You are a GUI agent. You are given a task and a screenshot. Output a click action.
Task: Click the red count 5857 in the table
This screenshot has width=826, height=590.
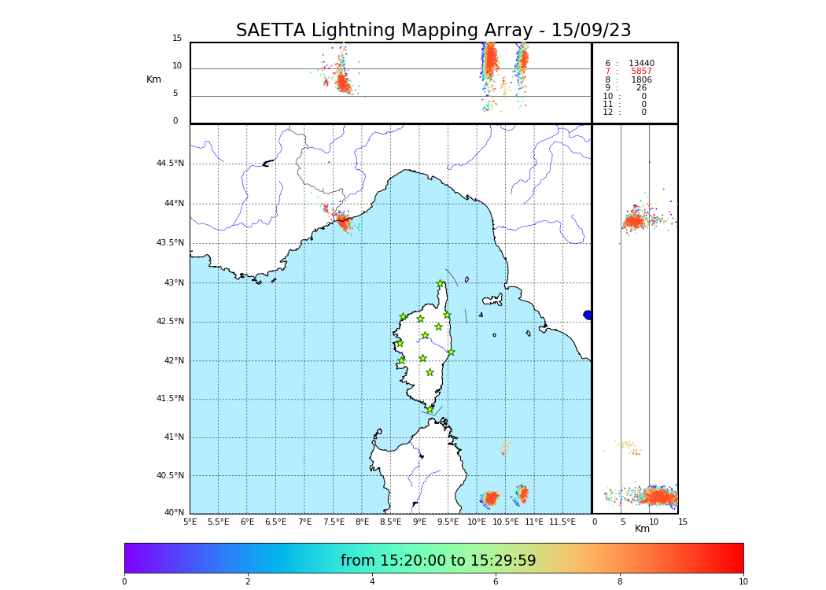coord(641,72)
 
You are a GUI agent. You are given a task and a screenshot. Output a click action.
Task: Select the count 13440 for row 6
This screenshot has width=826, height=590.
coord(641,64)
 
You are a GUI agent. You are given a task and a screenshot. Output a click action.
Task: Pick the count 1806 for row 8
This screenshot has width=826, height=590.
coord(641,80)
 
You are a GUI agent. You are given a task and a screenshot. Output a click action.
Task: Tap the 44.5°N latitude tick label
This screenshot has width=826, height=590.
coord(170,164)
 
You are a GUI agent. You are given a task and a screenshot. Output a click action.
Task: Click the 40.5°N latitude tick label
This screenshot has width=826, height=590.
coord(170,476)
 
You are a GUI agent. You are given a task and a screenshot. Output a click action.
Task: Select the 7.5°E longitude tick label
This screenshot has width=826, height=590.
coord(334,522)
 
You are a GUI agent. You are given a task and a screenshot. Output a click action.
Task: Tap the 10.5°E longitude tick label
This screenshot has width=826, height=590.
coord(505,522)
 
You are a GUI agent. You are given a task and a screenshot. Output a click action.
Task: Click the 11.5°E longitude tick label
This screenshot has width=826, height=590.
coord(562,522)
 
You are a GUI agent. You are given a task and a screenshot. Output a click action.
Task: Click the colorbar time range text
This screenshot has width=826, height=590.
coord(438,561)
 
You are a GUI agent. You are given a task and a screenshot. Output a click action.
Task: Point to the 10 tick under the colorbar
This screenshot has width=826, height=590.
coord(743,582)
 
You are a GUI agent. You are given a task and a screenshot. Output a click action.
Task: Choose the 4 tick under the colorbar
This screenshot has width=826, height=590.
coord(372,582)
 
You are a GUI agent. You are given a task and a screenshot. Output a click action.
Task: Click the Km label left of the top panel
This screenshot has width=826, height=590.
coord(153,79)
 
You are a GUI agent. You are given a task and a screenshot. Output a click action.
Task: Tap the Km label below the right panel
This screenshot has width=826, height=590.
coord(642,529)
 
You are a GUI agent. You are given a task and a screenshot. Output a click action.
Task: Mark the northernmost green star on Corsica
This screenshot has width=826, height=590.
coord(441,284)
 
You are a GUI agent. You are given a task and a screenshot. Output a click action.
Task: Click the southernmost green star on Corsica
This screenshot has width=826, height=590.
coord(430,409)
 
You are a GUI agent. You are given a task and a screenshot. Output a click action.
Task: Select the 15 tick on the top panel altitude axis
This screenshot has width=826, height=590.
coord(177,39)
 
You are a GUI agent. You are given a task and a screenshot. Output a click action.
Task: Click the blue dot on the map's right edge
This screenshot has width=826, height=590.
coord(588,315)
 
